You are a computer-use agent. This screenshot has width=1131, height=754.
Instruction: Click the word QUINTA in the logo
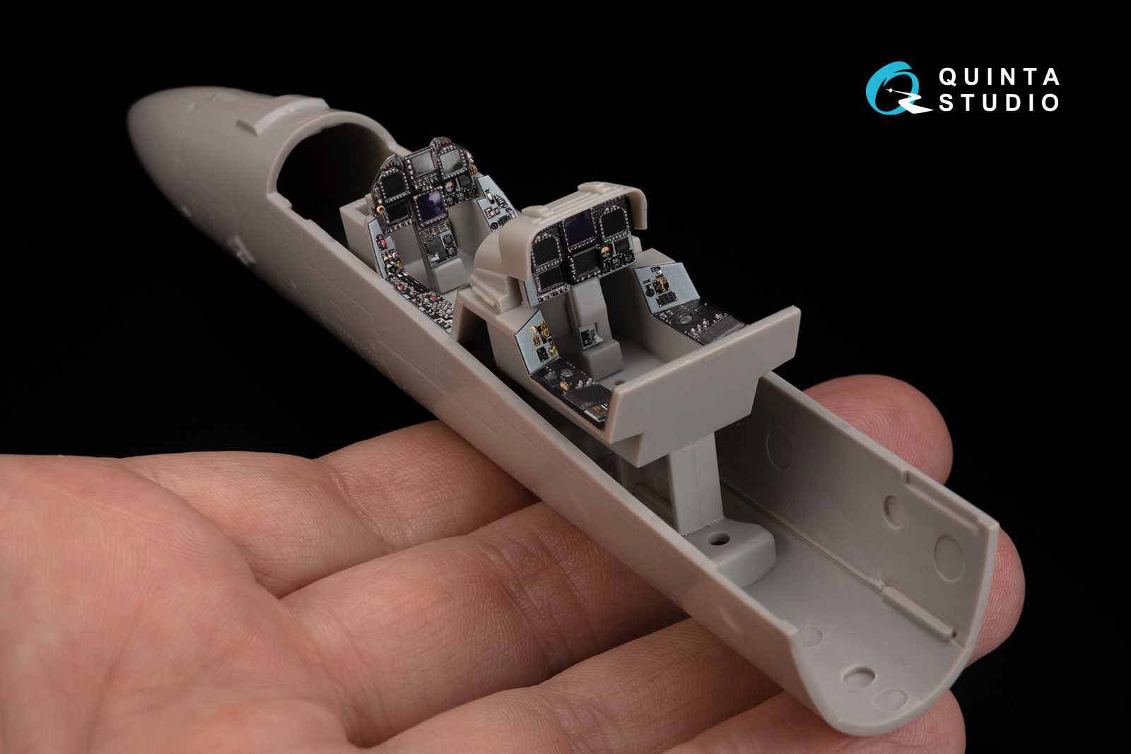[x=999, y=77]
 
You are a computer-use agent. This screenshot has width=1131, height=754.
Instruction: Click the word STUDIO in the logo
[x=999, y=102]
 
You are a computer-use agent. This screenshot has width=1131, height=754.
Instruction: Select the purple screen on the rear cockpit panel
[x=578, y=229]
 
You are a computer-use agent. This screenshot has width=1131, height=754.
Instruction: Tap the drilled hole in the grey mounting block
[x=719, y=538]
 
